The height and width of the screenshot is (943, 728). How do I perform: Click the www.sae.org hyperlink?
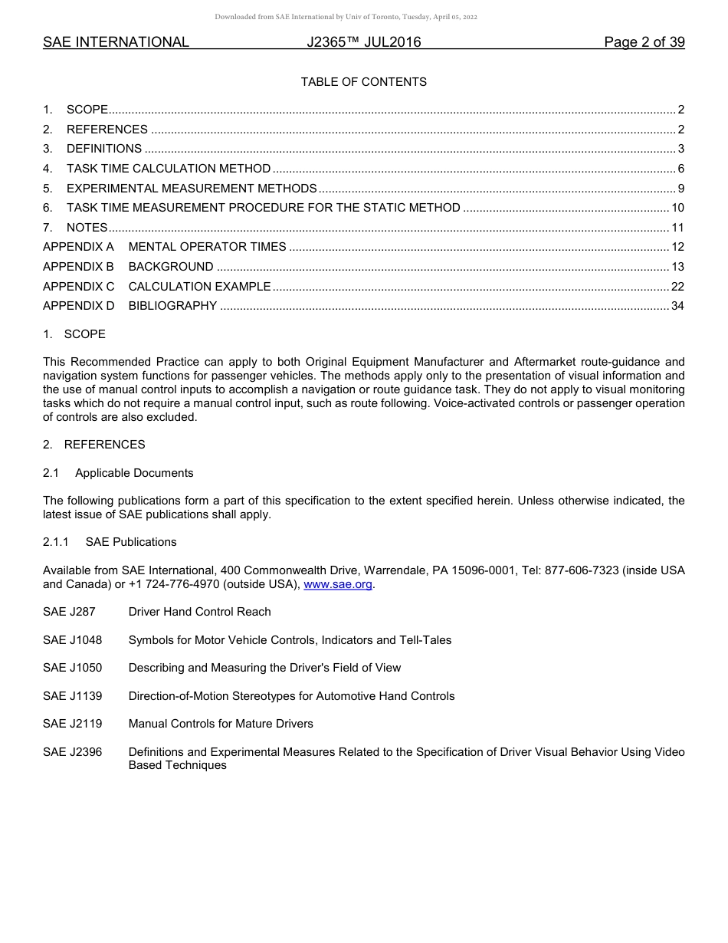pyautogui.click(x=338, y=584)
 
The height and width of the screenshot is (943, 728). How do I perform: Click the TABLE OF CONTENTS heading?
pyautogui.click(x=363, y=82)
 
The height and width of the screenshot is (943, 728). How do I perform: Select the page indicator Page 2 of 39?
pyautogui.click(x=644, y=42)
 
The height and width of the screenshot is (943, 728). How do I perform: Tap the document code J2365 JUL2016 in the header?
pyautogui.click(x=363, y=42)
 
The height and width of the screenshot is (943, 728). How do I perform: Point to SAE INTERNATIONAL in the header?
pyautogui.click(x=116, y=42)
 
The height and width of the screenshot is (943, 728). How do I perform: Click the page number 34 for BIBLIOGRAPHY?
pyautogui.click(x=677, y=307)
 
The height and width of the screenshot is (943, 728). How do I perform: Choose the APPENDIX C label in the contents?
pyautogui.click(x=78, y=287)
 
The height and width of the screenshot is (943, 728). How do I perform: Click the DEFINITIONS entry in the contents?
pyautogui.click(x=104, y=149)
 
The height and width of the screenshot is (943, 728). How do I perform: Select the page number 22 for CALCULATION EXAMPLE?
pyautogui.click(x=677, y=287)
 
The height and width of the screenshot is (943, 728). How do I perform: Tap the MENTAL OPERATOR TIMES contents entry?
pyautogui.click(x=207, y=247)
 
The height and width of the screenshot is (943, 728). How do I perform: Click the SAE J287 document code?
pyautogui.click(x=69, y=612)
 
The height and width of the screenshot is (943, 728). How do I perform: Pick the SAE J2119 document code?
pyautogui.click(x=72, y=724)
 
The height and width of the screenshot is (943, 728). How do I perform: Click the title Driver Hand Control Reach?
pyautogui.click(x=199, y=612)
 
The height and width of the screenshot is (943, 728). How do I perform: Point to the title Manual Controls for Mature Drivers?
pyautogui.click(x=221, y=724)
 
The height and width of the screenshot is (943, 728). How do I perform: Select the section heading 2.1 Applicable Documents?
pyautogui.click(x=118, y=473)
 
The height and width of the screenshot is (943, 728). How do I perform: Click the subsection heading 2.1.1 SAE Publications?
pyautogui.click(x=110, y=542)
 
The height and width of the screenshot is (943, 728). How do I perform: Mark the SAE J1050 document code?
pyautogui.click(x=72, y=668)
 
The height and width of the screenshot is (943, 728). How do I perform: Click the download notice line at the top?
pyautogui.click(x=346, y=17)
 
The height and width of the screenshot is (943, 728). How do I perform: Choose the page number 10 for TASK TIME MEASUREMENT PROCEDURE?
pyautogui.click(x=677, y=208)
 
